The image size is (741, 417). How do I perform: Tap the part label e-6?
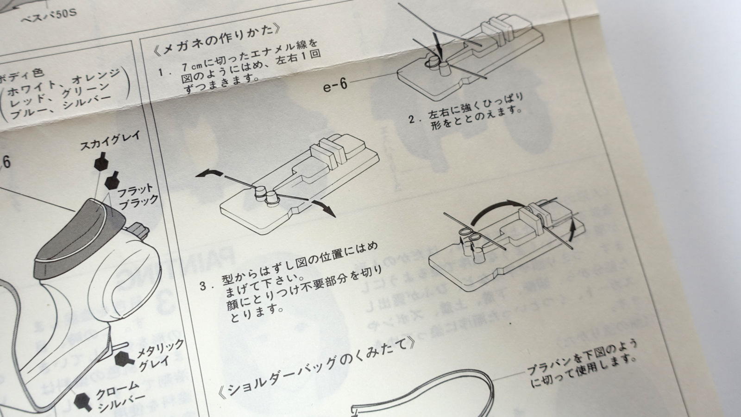[x=335, y=85]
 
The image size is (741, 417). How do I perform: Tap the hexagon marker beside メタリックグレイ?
[x=123, y=358]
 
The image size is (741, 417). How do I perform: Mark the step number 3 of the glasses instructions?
[x=203, y=285]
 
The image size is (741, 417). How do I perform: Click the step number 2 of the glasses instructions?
[x=412, y=119]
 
